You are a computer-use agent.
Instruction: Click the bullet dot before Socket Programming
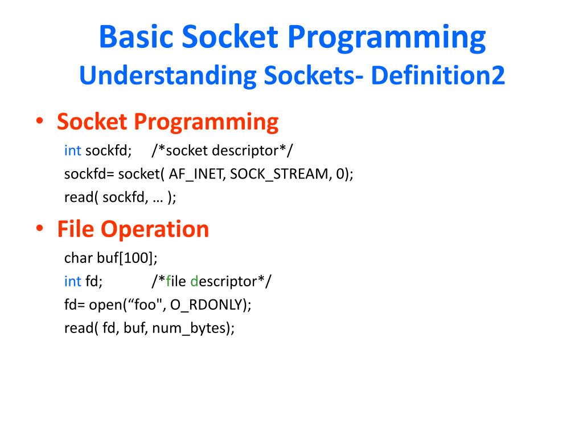click(x=40, y=121)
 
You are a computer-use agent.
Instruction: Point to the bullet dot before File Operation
click(x=40, y=229)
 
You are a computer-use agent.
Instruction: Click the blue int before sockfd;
click(x=73, y=151)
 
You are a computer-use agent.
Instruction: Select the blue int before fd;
click(x=73, y=281)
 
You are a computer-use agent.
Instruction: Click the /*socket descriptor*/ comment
click(x=223, y=151)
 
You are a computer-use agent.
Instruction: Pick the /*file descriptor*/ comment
click(x=212, y=281)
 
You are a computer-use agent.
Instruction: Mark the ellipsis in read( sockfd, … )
click(x=157, y=198)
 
